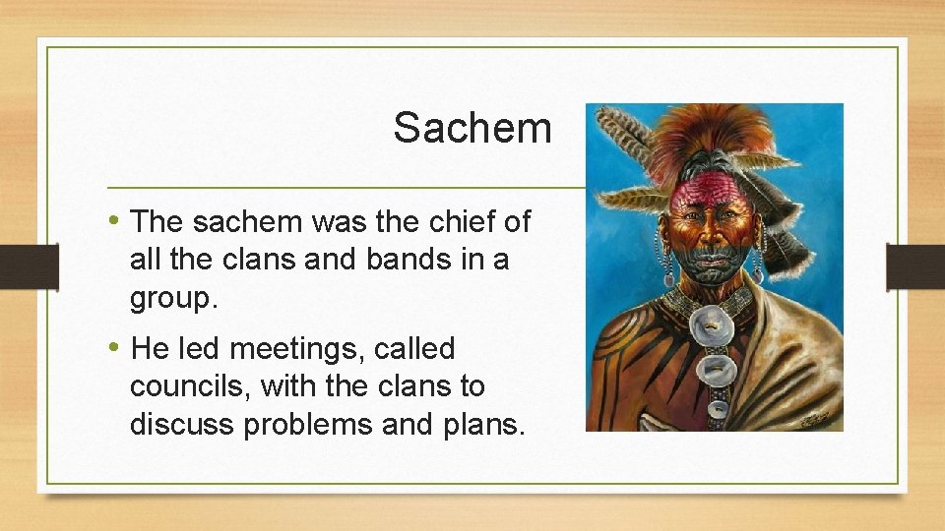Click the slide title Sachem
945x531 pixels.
pos(472,128)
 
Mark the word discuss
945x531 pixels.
pos(189,424)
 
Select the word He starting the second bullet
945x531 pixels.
pos(151,348)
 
